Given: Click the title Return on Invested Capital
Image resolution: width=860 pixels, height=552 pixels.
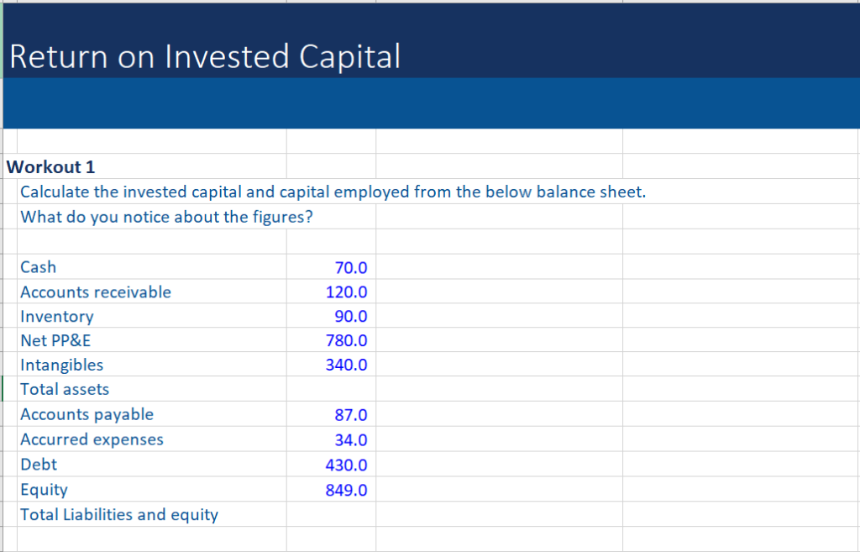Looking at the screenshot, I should pos(205,56).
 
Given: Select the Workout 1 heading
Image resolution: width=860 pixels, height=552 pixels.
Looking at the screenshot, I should pos(50,166).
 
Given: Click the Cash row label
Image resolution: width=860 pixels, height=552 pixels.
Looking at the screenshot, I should pos(39,267).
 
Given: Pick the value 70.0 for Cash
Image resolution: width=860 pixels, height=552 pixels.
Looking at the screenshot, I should pos(351,268).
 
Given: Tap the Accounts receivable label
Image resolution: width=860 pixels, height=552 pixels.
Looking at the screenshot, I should pos(96,292).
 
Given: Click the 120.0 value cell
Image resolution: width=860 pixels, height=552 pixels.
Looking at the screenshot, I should pos(347,292).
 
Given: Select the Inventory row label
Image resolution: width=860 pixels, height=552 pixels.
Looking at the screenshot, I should pos(57,317).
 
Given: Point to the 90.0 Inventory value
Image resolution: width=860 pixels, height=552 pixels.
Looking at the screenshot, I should pos(351,317).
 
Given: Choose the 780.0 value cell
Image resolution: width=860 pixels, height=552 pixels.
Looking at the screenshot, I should pos(347,341).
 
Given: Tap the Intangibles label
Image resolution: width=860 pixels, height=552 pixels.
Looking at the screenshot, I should pos(62,365).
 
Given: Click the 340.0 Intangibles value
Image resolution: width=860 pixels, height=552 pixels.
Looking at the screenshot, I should pos(347,365).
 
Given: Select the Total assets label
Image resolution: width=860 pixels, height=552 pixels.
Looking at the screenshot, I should pos(65,389).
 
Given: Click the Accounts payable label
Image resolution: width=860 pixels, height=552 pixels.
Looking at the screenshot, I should pos(87,414).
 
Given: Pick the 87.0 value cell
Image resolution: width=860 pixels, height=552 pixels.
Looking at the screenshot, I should pos(351,415).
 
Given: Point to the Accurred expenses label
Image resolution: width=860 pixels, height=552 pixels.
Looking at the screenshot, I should pos(92,439).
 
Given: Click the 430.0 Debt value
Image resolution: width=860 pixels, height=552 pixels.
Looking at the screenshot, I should pos(347,465).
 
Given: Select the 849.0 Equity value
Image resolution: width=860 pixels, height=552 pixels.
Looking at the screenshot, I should pos(347,490).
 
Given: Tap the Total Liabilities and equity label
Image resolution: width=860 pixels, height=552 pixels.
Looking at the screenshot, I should pos(119,514).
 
